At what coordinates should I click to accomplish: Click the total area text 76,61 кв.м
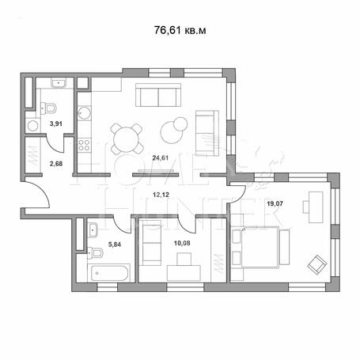(180, 30)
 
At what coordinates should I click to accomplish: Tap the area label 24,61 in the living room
(161, 158)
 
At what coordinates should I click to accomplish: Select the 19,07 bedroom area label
(275, 203)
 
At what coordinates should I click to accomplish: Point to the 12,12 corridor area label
(161, 195)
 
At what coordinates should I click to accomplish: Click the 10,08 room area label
(182, 243)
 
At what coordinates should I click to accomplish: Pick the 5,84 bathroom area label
(115, 244)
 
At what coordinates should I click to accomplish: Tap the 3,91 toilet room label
(56, 123)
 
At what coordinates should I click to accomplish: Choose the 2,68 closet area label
(56, 164)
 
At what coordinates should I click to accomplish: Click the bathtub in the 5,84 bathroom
(110, 273)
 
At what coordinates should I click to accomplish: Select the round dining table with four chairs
(127, 138)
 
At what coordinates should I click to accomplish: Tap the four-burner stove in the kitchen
(84, 145)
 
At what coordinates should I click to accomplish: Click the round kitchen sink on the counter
(84, 112)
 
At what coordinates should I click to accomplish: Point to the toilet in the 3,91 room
(49, 108)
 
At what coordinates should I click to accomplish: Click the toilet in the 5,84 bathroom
(95, 253)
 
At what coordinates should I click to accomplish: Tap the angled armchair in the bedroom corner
(317, 264)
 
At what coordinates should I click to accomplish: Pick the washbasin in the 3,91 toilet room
(59, 83)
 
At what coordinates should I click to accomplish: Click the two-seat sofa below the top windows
(158, 95)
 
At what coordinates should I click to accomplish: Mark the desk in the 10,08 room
(184, 273)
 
